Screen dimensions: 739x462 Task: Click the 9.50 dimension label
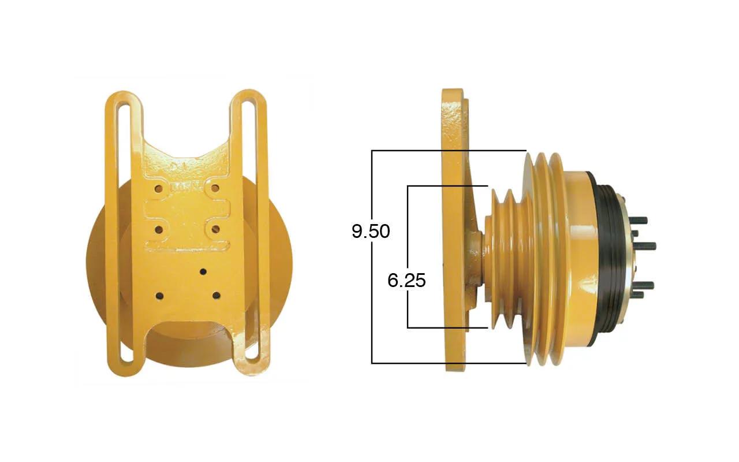coord(371,231)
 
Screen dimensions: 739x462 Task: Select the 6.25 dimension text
coord(406,281)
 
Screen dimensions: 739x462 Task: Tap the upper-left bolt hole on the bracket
coord(159,189)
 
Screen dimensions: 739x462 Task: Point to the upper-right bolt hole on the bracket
coord(215,188)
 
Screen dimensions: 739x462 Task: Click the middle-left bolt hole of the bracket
coord(159,229)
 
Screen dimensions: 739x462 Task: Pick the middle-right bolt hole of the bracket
coord(215,229)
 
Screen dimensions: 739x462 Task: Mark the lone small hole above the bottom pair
coord(203,272)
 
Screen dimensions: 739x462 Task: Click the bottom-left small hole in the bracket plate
coord(160,296)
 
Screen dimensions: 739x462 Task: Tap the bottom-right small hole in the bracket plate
coord(217,295)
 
